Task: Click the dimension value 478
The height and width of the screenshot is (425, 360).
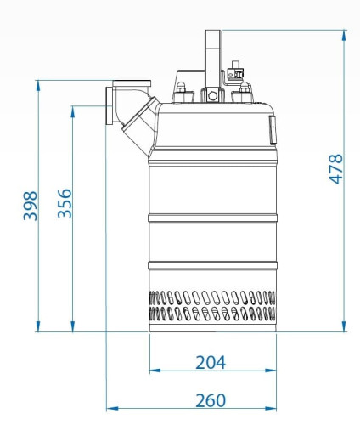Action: coord(336,169)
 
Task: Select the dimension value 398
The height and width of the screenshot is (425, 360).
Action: coord(31,206)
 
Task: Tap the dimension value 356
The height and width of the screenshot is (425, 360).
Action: coord(65,203)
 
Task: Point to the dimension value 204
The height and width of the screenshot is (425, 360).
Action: coord(211,362)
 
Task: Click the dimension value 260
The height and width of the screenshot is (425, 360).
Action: coord(211,400)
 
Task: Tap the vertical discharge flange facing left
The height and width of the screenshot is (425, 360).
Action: coord(109,105)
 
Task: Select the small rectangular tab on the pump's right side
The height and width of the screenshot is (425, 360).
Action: coord(273,130)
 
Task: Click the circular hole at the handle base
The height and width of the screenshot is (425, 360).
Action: coord(212,96)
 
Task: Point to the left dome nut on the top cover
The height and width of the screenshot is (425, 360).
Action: coord(181,88)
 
